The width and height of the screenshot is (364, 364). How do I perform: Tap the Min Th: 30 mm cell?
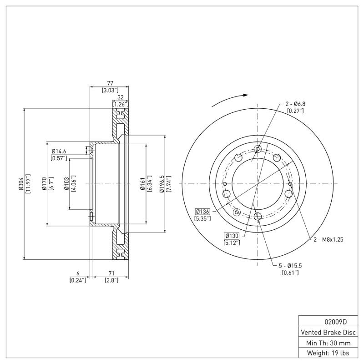tap(328, 342)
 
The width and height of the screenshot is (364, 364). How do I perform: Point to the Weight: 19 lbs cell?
tap(328, 353)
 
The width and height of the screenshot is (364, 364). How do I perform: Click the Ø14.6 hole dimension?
tap(59, 151)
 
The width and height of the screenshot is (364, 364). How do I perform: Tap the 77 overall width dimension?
tap(110, 84)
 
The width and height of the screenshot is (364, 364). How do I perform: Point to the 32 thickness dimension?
tap(121, 97)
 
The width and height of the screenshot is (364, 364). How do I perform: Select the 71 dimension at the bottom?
tap(110, 273)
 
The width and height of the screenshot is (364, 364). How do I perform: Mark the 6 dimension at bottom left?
tap(78, 273)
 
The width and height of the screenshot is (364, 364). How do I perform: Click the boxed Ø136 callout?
tap(202, 211)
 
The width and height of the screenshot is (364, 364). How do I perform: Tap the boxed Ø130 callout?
tap(232, 236)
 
